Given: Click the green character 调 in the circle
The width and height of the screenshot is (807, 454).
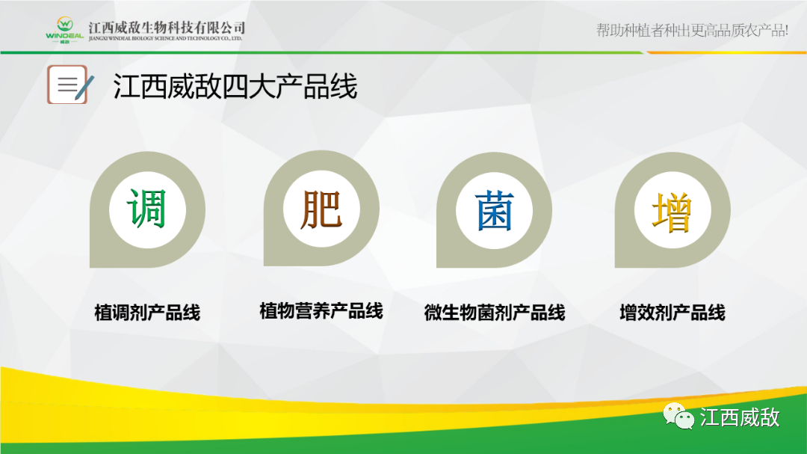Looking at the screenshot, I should click(x=147, y=209).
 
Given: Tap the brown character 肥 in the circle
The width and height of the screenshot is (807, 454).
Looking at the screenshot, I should click(x=321, y=209).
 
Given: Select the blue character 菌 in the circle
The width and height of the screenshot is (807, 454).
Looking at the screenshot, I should click(x=494, y=210).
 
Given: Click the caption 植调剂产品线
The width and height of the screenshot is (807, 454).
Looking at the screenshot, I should click(x=147, y=313).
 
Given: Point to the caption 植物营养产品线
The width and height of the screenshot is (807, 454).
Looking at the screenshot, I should click(x=321, y=310).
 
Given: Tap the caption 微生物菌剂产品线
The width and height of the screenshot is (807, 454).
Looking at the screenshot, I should click(x=494, y=313).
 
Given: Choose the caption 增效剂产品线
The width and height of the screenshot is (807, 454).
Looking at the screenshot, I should click(x=672, y=313).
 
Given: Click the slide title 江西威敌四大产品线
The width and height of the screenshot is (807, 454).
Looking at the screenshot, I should click(x=235, y=87).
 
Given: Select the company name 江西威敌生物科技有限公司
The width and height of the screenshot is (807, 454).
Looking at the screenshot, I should click(x=166, y=27).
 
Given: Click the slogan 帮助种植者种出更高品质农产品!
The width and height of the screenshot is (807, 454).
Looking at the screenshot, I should click(x=692, y=31).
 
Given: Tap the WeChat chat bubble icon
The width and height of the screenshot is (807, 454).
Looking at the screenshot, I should click(x=679, y=416).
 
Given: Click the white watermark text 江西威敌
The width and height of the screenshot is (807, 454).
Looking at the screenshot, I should click(x=740, y=417).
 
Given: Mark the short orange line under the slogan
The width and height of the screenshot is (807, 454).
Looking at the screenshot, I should click(x=725, y=52).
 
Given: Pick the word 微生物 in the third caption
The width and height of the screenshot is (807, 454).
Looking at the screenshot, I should click(x=450, y=313).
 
